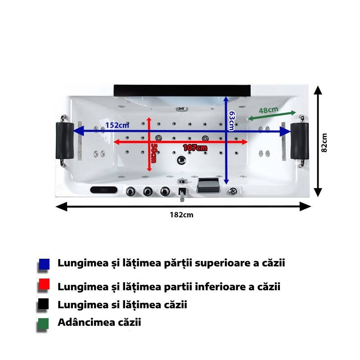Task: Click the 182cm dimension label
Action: pyautogui.click(x=181, y=215)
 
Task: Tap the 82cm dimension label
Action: pyautogui.click(x=324, y=143)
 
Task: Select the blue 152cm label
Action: pyautogui.click(x=117, y=126)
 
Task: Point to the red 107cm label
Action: pyautogui.click(x=195, y=148)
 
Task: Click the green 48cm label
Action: pyautogui.click(x=268, y=110)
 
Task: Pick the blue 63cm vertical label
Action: pyautogui.click(x=232, y=121)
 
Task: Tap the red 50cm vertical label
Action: pyautogui.click(x=153, y=153)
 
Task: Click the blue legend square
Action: pyautogui.click(x=44, y=264)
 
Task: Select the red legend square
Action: pyautogui.click(x=44, y=284)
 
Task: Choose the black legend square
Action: pyautogui.click(x=43, y=304)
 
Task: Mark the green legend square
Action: pyautogui.click(x=43, y=324)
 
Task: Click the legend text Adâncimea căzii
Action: pyautogui.click(x=99, y=322)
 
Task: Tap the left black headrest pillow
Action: pyautogui.click(x=65, y=140)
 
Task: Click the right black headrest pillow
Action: pyautogui.click(x=300, y=141)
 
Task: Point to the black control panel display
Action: pyautogui.click(x=104, y=190)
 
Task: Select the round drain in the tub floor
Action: pyautogui.click(x=182, y=160)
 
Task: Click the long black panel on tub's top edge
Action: pyautogui.click(x=182, y=90)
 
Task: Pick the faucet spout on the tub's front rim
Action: pyautogui.click(x=182, y=194)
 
